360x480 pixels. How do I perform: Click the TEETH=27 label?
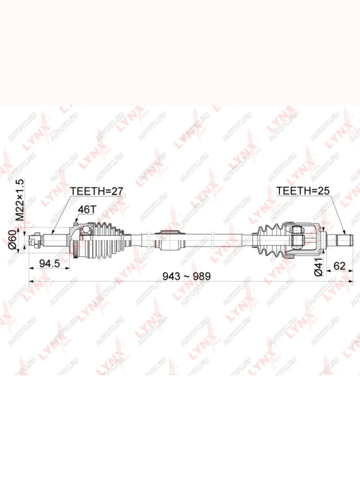point(96,191)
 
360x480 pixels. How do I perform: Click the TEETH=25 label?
point(303,191)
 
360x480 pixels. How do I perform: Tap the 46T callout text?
point(87,210)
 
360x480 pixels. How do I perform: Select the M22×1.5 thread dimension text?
point(20,200)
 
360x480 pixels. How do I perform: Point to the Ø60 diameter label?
point(12,240)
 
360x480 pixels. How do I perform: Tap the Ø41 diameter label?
point(318,267)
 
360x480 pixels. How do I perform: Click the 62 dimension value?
point(340,266)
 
